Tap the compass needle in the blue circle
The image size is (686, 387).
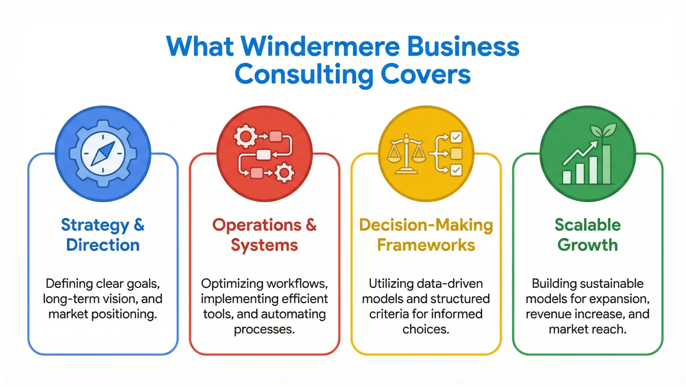click(103, 154)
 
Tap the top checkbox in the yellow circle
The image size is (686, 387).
click(456, 137)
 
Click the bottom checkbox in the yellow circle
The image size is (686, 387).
click(456, 170)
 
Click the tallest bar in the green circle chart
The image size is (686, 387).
click(606, 164)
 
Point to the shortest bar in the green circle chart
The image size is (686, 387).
click(567, 177)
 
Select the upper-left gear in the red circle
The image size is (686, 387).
click(245, 136)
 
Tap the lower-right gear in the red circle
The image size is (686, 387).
click(284, 173)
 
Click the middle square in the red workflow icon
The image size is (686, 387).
click(263, 155)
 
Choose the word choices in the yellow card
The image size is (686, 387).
click(426, 329)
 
